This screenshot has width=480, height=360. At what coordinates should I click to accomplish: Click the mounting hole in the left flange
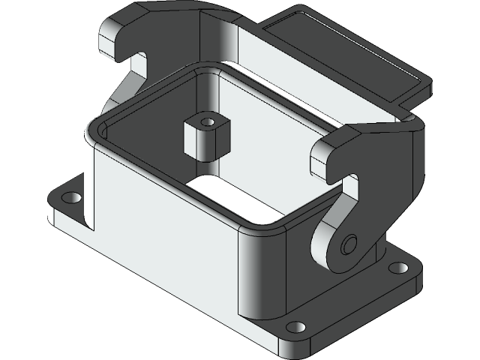coord(71,198)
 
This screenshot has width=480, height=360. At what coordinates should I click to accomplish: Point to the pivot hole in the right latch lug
coord(346,245)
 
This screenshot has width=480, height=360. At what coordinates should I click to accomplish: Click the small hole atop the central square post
coord(208,120)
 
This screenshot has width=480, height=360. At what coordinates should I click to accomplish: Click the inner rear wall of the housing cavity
coord(277,112)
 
